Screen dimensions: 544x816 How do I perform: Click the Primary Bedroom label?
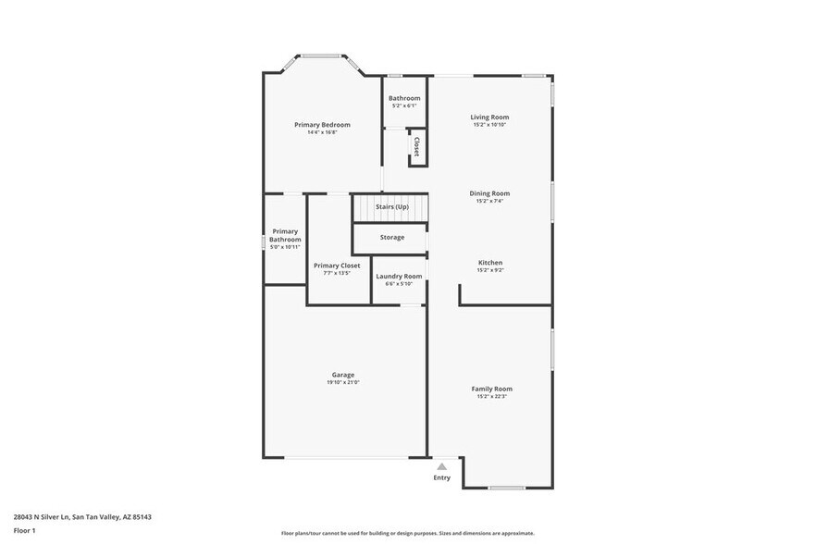[x=322, y=124]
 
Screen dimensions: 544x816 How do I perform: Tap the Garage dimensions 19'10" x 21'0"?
[x=342, y=382]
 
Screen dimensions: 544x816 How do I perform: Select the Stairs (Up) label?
[x=391, y=206]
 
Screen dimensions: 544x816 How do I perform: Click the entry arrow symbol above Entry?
[x=442, y=467]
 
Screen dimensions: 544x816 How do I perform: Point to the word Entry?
[x=442, y=477]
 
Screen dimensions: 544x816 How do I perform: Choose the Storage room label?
[x=391, y=237]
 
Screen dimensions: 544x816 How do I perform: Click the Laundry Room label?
[x=399, y=276]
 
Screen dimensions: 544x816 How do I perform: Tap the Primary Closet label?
[x=337, y=265]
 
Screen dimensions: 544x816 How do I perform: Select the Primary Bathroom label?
[x=285, y=235]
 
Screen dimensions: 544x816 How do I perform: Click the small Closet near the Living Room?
[x=417, y=146]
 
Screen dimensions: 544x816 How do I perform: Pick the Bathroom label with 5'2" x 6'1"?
[x=404, y=98]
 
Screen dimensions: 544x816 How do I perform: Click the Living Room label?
[x=489, y=117]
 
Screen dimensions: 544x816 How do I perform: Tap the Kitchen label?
[x=489, y=262]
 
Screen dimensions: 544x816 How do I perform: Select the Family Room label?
[x=492, y=389]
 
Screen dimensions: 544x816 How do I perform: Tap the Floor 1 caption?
[x=24, y=530]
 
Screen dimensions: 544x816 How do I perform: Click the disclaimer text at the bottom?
[x=408, y=534]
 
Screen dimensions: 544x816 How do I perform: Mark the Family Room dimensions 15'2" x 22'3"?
[x=492, y=396]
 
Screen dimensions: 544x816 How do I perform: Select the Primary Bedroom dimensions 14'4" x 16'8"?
[x=322, y=131]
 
